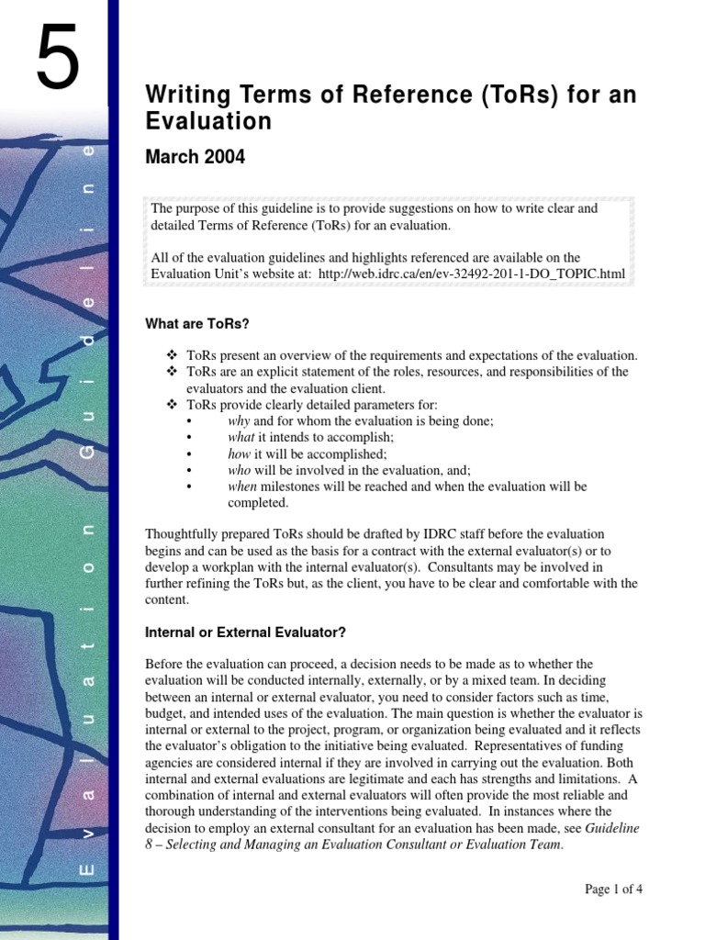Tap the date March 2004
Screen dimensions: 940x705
coord(196,157)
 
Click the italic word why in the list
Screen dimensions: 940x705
coord(239,420)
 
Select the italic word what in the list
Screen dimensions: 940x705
coord(241,437)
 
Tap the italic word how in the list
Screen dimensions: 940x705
coord(239,453)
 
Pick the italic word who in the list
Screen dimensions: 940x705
coord(239,470)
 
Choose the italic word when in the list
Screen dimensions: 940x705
coord(242,487)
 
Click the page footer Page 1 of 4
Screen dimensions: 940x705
coord(614,889)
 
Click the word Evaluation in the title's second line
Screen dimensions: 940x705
coord(208,122)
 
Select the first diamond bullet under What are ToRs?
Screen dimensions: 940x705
coord(170,355)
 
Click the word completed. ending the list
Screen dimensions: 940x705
coord(258,503)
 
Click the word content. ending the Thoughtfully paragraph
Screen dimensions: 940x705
coord(166,599)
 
